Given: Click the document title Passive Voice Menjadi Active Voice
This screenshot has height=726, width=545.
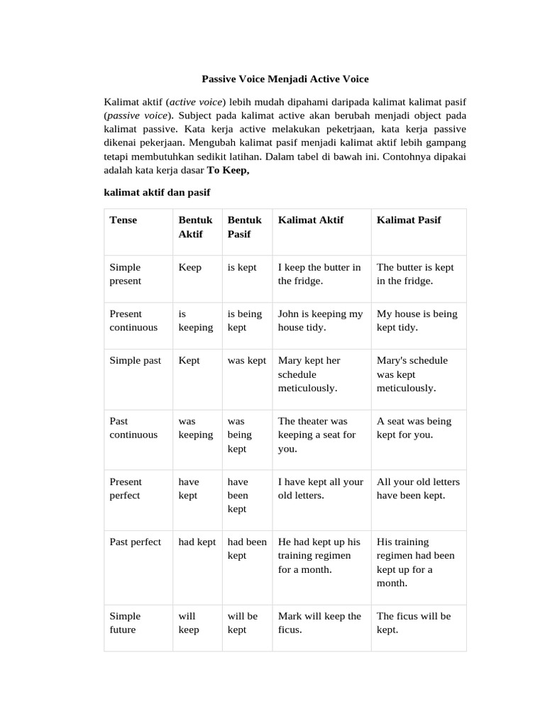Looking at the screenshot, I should pos(285,79).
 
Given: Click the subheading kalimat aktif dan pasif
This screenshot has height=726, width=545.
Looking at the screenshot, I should pos(157,192).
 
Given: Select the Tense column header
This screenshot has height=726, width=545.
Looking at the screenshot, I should pos(123,220).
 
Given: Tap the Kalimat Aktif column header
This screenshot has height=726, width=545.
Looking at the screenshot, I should pos(310,220).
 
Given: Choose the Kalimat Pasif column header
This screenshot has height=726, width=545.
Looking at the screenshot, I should pos(409,220).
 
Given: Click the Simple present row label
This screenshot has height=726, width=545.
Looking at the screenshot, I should pos(126,274).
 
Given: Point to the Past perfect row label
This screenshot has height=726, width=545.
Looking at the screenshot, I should pos(136,542).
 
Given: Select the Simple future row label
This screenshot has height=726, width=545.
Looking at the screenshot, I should pos(126,622).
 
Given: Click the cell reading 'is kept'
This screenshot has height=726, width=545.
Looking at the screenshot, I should pos(242,267).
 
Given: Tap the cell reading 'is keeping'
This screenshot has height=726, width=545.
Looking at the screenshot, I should pos(195,320).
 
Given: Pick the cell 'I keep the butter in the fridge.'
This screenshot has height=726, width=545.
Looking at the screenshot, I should pos(319,274).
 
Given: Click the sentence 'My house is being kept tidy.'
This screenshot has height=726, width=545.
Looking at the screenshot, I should pos(417,320).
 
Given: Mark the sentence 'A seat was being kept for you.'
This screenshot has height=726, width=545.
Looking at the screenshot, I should pos(414,428).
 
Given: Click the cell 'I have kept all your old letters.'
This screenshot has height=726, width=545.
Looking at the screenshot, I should pos(320,488).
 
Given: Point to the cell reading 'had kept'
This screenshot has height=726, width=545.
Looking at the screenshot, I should pos(197,542).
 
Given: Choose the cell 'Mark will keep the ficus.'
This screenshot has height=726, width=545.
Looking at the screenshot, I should pos(319,622).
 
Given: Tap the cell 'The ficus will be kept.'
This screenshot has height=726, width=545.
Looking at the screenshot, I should pos(413,622).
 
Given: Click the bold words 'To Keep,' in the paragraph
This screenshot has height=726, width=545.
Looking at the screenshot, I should pos(228,170).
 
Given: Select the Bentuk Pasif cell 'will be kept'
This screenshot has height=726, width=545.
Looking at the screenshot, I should pos(243,622).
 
